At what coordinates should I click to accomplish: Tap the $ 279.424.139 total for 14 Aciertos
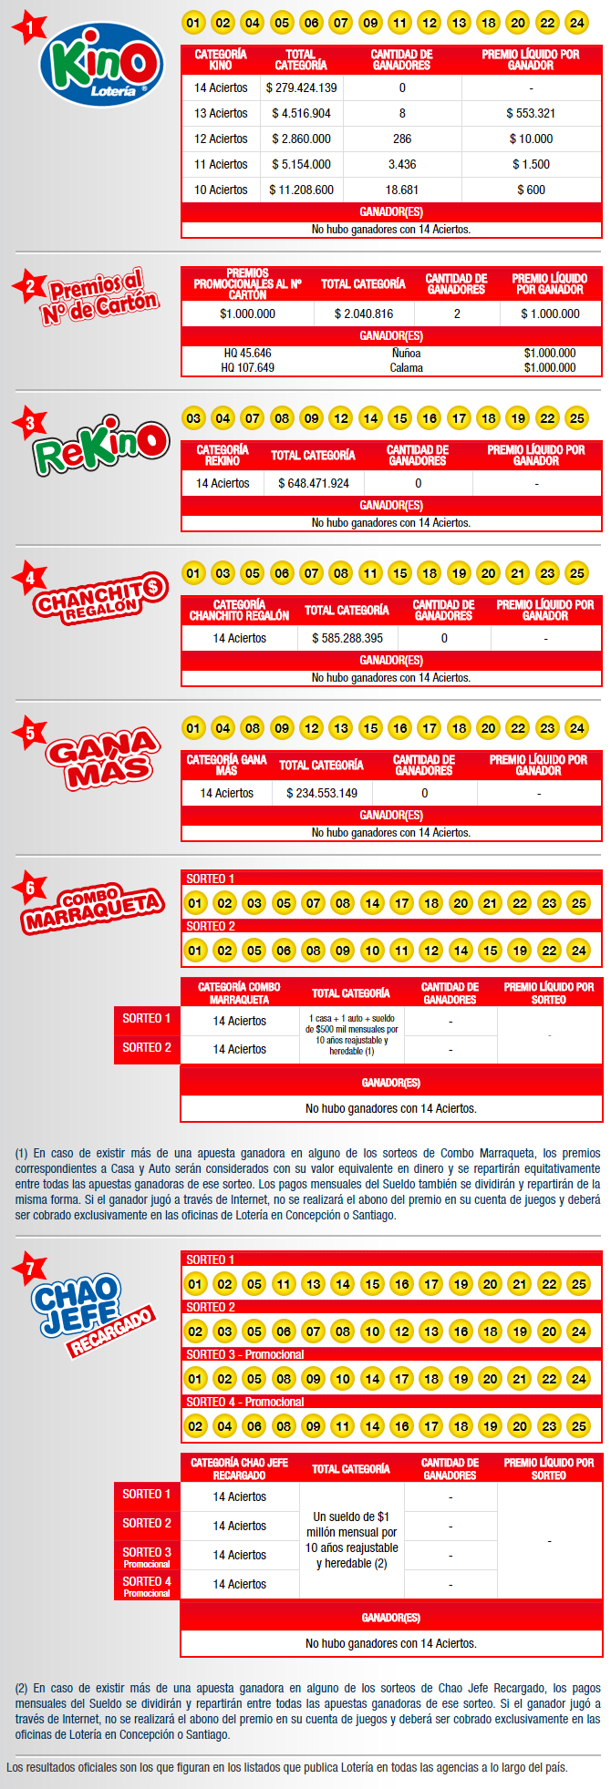click(301, 88)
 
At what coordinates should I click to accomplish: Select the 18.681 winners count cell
click(402, 190)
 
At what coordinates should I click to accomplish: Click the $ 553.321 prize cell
click(531, 114)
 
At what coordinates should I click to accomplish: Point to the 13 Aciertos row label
click(221, 114)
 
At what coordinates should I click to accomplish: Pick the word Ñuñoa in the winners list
click(407, 354)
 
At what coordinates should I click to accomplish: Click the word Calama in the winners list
click(407, 368)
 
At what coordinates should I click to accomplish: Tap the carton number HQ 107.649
click(247, 368)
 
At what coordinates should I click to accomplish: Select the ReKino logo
click(101, 446)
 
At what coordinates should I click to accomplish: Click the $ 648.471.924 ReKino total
click(314, 484)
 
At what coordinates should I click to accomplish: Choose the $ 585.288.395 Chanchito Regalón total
click(347, 639)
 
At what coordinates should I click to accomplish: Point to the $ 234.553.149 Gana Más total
click(322, 794)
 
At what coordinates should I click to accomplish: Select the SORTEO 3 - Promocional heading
click(244, 1355)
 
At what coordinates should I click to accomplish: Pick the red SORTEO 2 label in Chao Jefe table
click(147, 1524)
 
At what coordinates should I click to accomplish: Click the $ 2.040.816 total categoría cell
click(364, 314)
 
